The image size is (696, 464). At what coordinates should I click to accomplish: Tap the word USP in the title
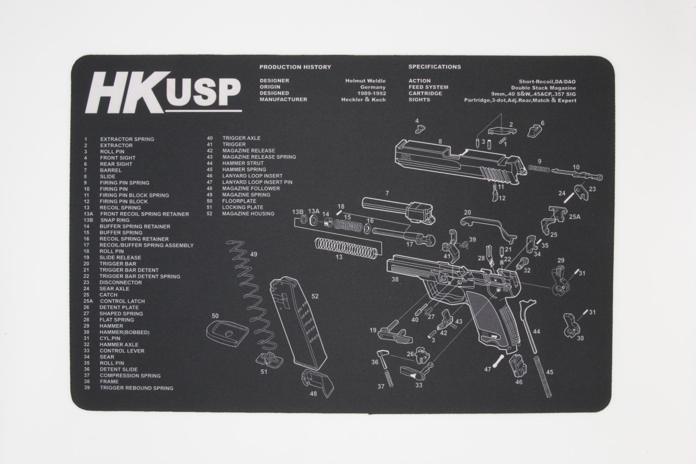(x=203, y=93)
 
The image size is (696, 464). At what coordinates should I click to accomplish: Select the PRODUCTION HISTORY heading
(x=295, y=67)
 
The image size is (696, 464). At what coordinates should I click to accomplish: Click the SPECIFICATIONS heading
(x=434, y=67)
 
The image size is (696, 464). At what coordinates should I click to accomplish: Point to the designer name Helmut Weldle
(x=365, y=81)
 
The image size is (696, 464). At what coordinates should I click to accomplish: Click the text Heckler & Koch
(x=363, y=100)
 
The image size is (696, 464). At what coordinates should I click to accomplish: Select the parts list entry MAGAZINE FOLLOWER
(x=251, y=188)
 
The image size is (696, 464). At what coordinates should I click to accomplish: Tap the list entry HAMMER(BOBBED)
(x=124, y=332)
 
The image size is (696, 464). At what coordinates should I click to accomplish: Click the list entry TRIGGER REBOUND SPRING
(x=136, y=388)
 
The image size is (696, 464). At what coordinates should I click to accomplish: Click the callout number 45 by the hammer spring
(x=550, y=373)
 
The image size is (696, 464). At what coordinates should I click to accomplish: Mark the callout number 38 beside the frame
(x=395, y=280)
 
